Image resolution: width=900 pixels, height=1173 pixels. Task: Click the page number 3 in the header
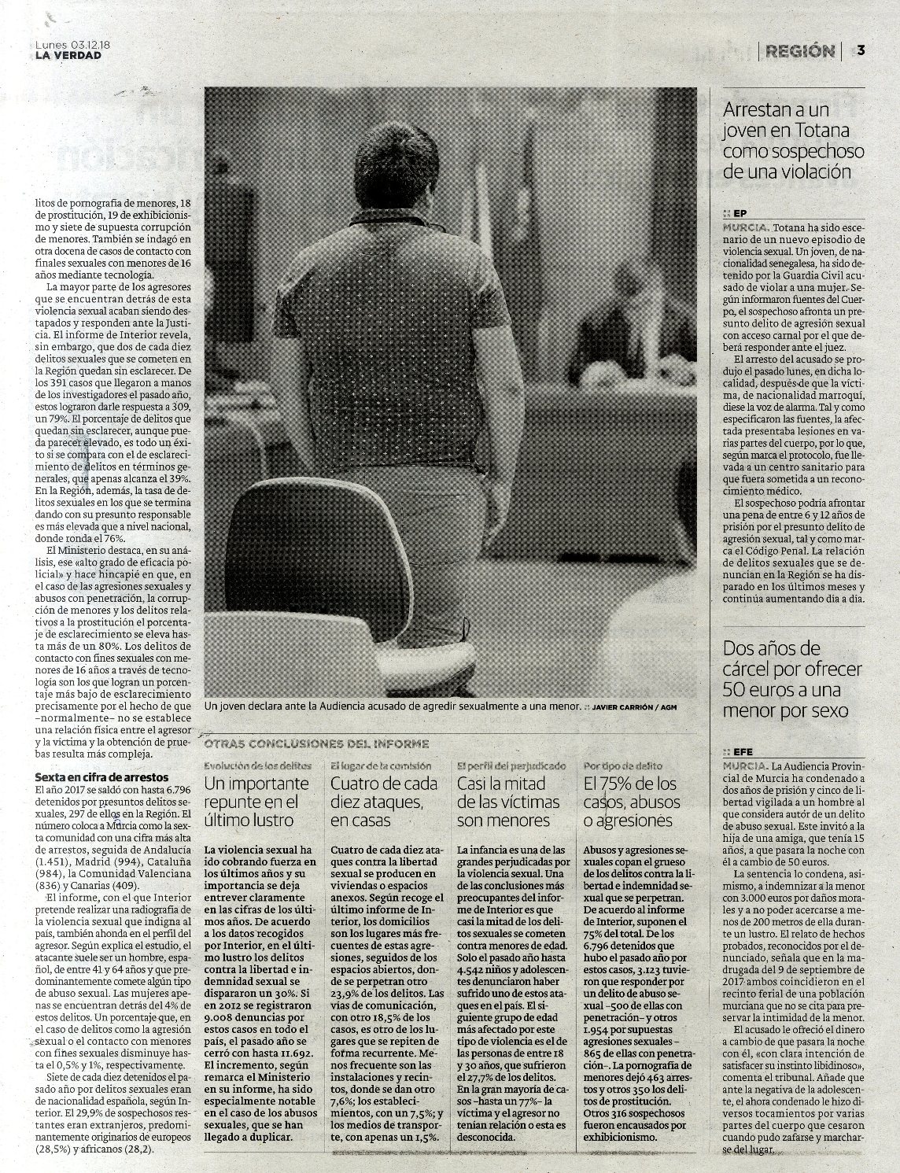tap(861, 50)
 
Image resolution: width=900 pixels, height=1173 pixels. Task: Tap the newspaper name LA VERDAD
tap(68, 55)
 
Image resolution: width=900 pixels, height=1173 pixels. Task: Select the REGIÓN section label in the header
tap(799, 51)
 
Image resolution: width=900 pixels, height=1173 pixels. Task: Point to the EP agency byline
tap(738, 213)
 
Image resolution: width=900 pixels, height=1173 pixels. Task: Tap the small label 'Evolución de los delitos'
tap(257, 765)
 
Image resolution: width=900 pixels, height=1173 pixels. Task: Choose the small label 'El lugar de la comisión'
tap(381, 765)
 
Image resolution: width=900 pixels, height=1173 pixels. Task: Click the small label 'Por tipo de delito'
tap(623, 765)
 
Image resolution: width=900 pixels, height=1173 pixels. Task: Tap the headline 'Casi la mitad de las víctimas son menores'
tap(508, 802)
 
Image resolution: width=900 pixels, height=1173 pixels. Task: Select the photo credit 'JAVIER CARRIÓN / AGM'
tap(633, 707)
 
